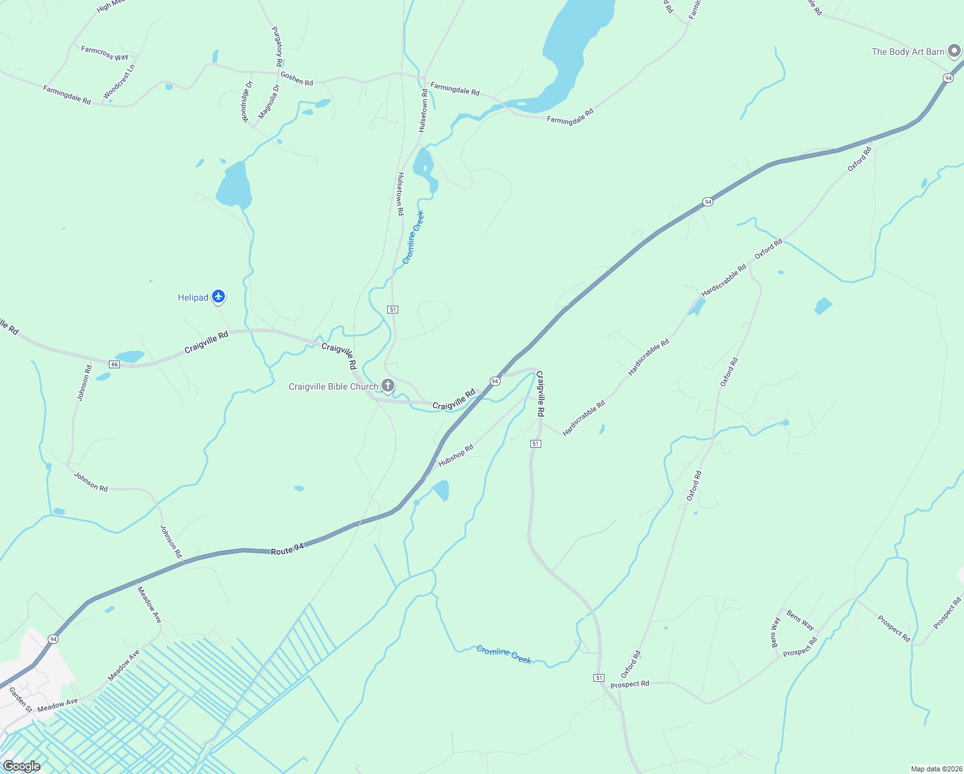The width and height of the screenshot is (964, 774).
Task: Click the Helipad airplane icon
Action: pyautogui.click(x=218, y=297)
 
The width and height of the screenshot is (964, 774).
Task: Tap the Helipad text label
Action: pyautogui.click(x=193, y=297)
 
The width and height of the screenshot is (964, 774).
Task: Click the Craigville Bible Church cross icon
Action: pyautogui.click(x=387, y=386)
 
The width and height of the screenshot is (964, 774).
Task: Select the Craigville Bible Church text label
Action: pyautogui.click(x=333, y=386)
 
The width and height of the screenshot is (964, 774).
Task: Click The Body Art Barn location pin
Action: pyautogui.click(x=954, y=53)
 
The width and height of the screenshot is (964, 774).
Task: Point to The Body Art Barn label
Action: pyautogui.click(x=908, y=52)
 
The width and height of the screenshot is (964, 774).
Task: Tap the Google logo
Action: pyautogui.click(x=21, y=766)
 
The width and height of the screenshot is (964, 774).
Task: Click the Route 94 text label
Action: pyautogui.click(x=287, y=550)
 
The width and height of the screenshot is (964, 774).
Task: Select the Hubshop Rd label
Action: pyautogui.click(x=456, y=455)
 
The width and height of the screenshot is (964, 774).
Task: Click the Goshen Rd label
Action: pyautogui.click(x=296, y=79)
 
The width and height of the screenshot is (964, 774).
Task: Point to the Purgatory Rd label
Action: pyautogui.click(x=277, y=46)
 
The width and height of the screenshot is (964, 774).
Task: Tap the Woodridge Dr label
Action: pyautogui.click(x=247, y=102)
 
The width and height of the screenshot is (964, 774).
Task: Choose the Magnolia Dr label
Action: pyautogui.click(x=269, y=102)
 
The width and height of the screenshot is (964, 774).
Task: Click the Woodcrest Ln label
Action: pyautogui.click(x=119, y=81)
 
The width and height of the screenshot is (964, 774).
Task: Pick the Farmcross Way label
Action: pyautogui.click(x=104, y=53)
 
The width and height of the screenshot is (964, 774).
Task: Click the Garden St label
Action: pyautogui.click(x=20, y=699)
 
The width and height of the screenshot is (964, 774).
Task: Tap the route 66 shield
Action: pyautogui.click(x=114, y=364)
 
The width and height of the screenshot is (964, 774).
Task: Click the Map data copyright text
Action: pyautogui.click(x=935, y=769)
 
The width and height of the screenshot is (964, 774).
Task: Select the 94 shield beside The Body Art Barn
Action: pyautogui.click(x=947, y=77)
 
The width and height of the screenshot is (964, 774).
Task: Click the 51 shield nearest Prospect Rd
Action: pyautogui.click(x=599, y=677)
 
